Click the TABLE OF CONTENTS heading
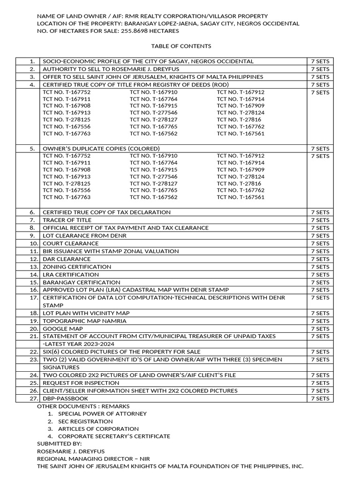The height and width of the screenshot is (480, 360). pos(181,46)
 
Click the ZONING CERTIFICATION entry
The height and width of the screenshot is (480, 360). pos(77,267)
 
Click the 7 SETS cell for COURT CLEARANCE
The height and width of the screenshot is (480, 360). pos(320,243)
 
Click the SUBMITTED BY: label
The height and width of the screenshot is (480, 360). pos(59,443)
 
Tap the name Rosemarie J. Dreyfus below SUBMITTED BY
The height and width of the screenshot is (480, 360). pos(70,451)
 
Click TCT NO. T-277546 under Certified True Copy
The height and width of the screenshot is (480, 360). pos(153,112)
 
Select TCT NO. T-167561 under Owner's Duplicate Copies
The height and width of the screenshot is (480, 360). pos(240,197)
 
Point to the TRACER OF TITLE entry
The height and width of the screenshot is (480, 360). pos(67,220)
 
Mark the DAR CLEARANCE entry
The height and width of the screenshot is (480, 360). pos(67,259)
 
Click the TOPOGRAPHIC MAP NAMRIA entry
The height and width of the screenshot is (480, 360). pos(84,321)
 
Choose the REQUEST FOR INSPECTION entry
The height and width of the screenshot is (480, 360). pos(81,383)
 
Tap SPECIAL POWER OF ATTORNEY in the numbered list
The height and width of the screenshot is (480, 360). pos(102,414)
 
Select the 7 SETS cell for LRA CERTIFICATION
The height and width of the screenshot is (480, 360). pos(320,274)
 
